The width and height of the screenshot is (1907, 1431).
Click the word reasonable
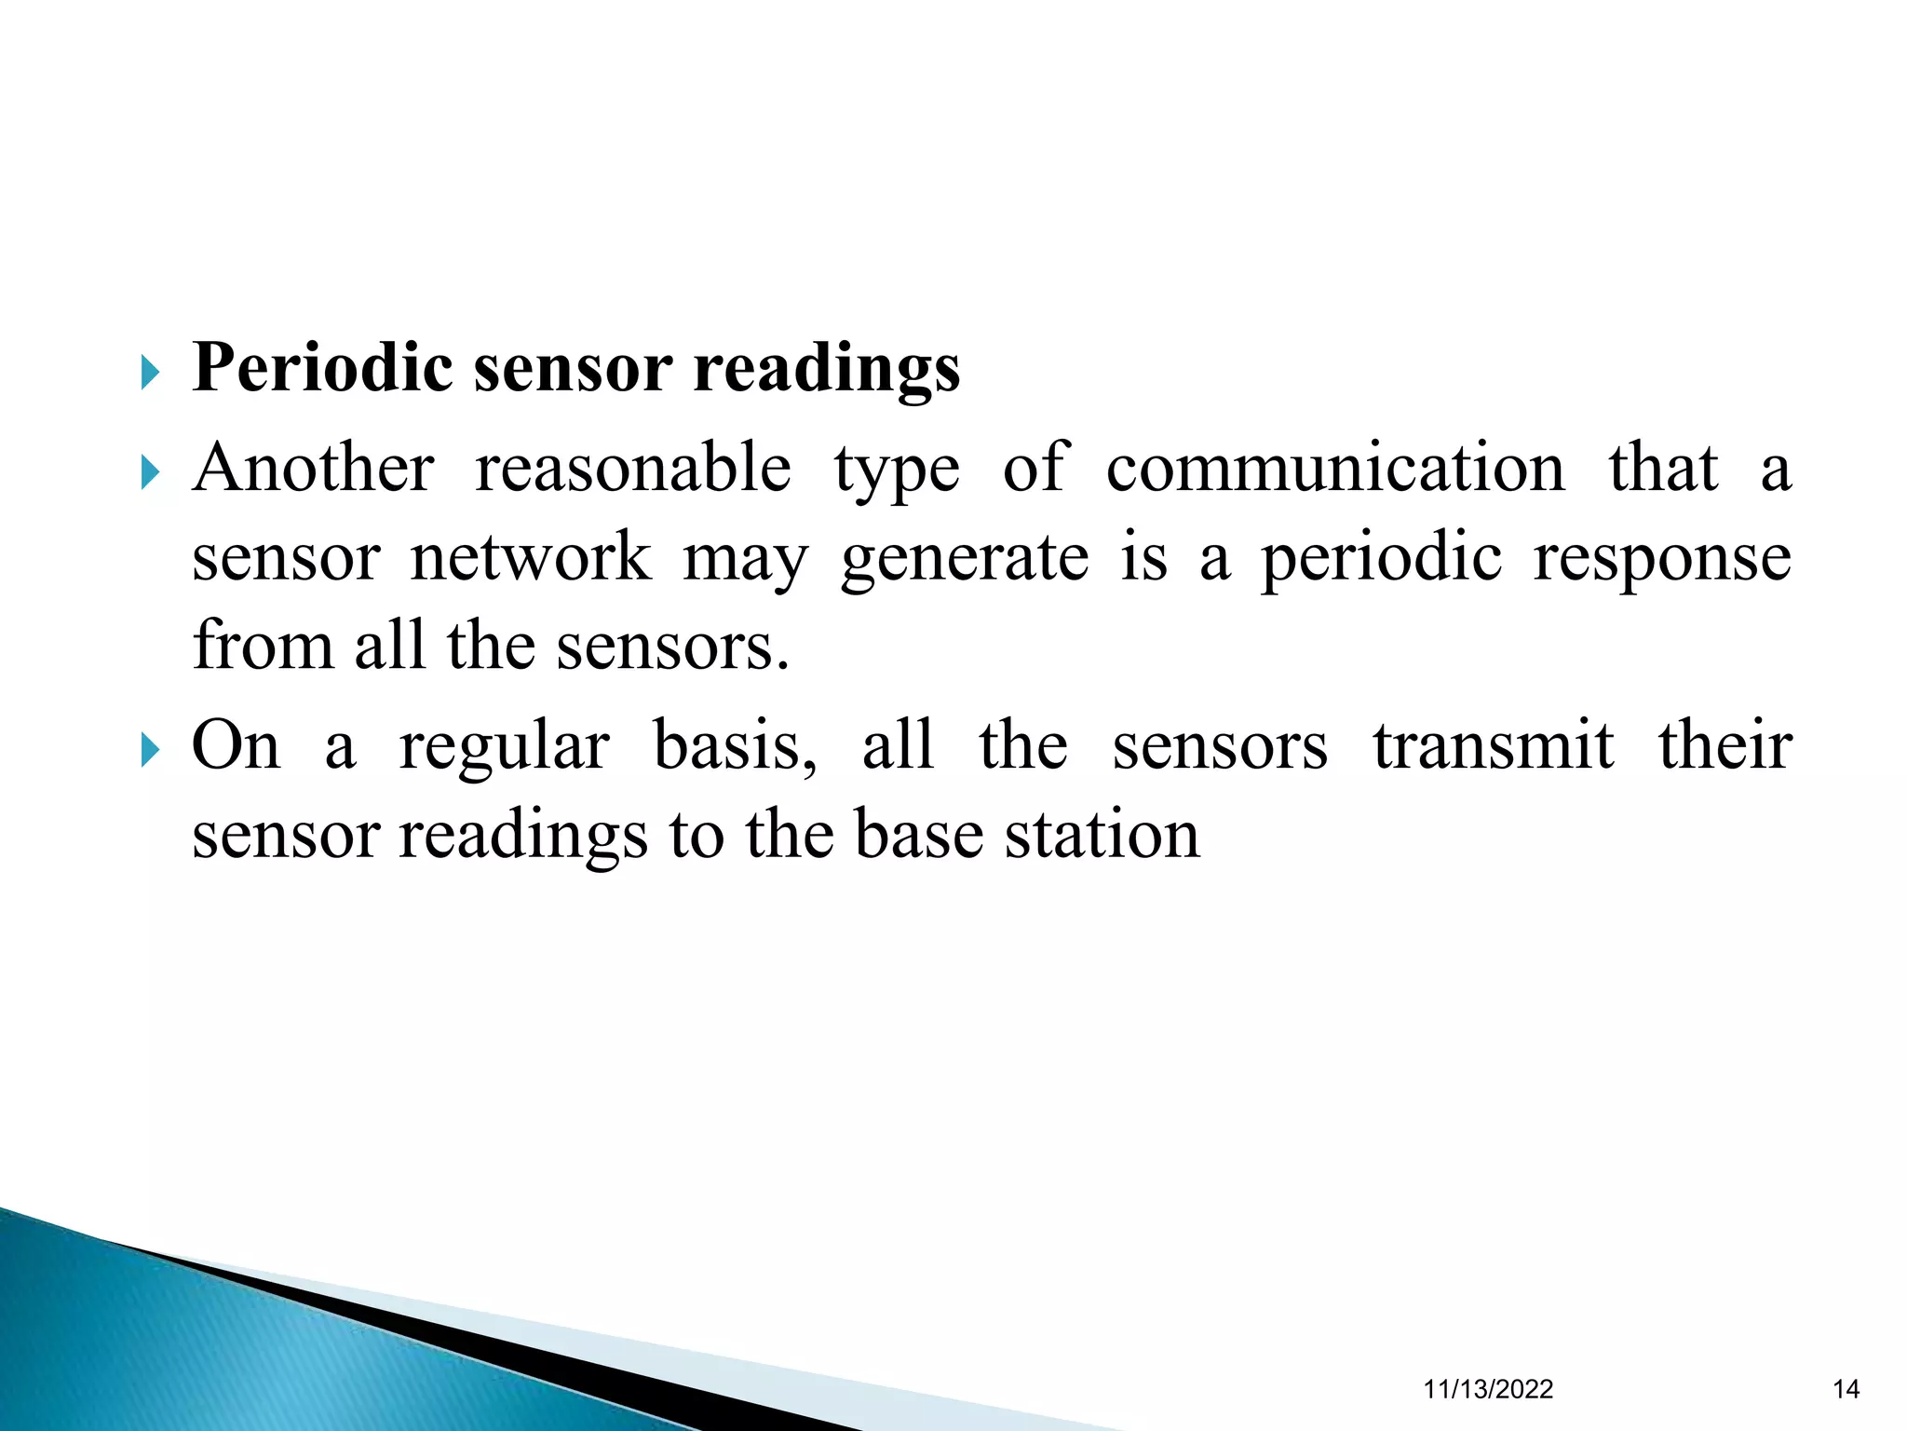633,468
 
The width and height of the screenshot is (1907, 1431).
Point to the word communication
1335,468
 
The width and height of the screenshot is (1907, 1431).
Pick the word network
531,557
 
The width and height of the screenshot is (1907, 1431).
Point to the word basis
736,745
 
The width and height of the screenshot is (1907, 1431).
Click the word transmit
1493,745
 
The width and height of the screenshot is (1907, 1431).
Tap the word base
918,834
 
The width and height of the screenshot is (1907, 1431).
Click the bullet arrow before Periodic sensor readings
151,375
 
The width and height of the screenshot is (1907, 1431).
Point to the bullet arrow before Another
151,474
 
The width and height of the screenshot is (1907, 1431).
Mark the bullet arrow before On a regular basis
151,750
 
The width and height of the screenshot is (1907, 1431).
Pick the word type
896,470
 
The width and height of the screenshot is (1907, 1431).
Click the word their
1724,745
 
